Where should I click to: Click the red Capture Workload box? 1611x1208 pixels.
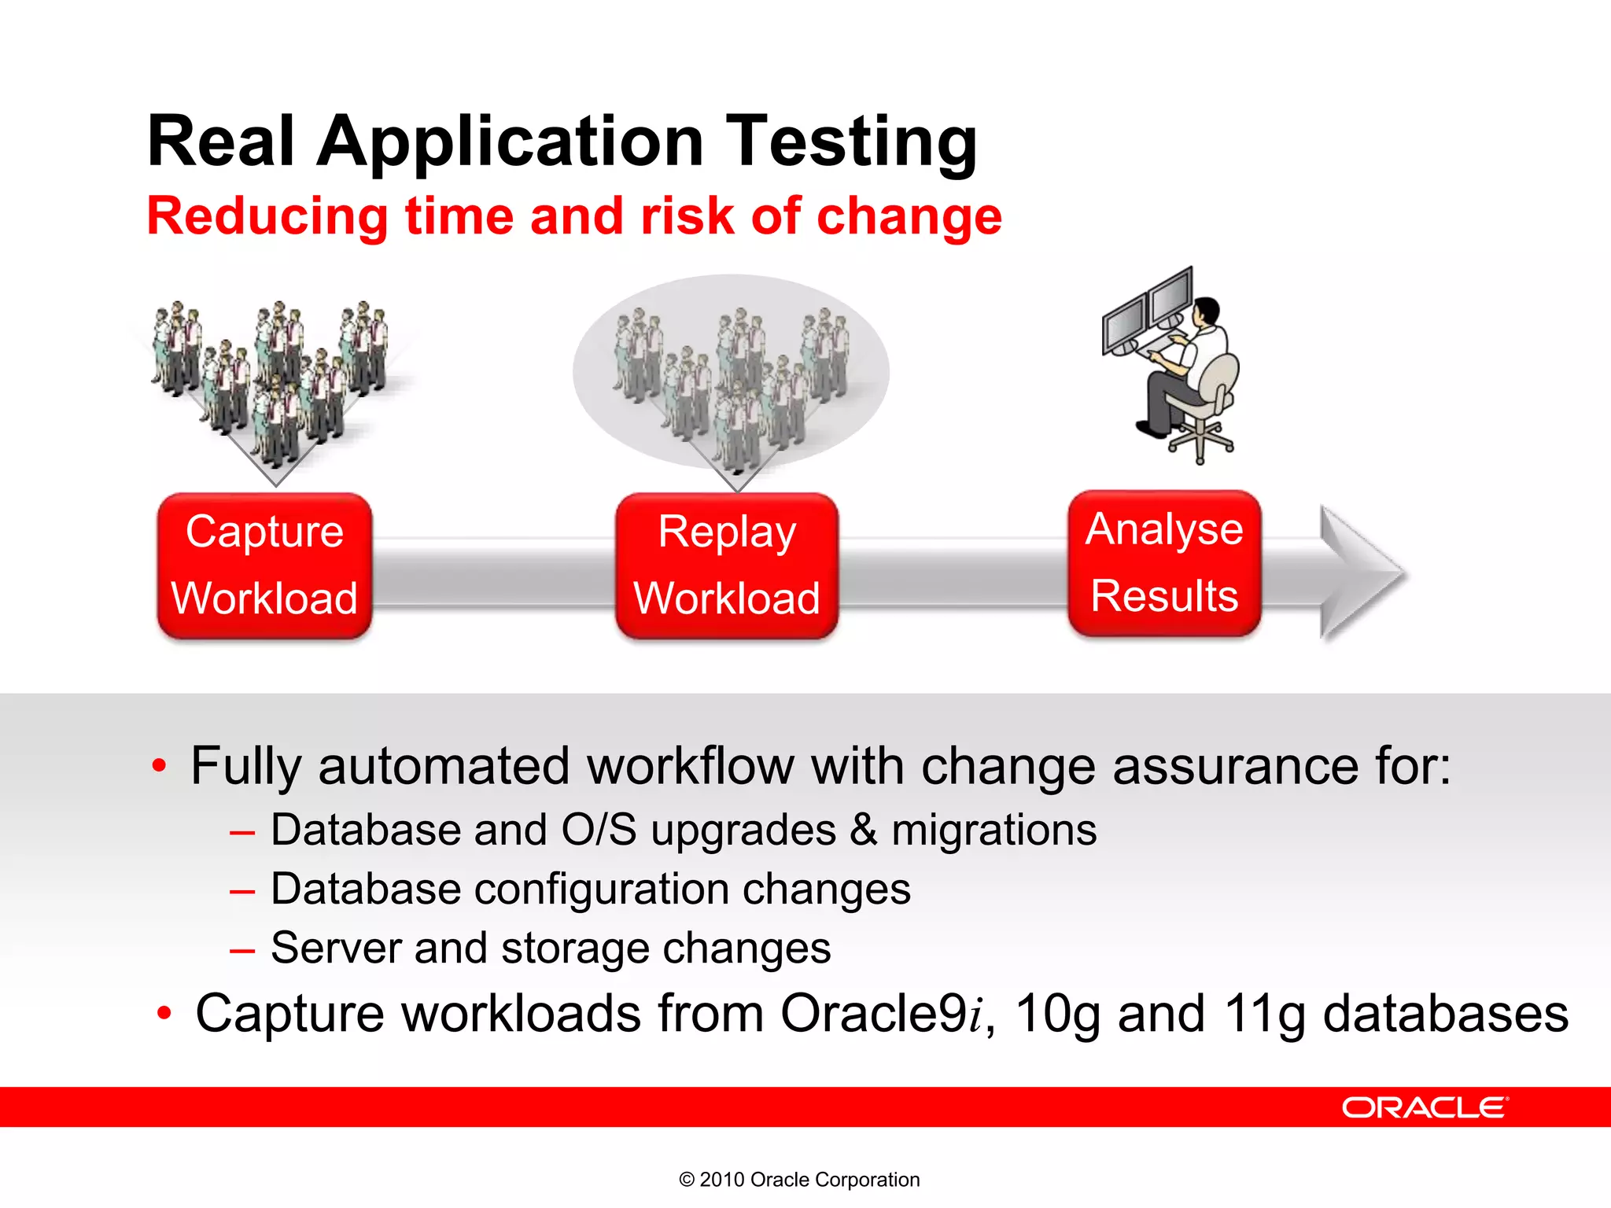pyautogui.click(x=264, y=565)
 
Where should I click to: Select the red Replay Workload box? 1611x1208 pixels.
pyautogui.click(x=727, y=565)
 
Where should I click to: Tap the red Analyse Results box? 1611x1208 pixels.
pyautogui.click(x=1164, y=562)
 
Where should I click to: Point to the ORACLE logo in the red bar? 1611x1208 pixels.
pyautogui.click(x=1425, y=1107)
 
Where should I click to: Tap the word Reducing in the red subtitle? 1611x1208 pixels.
pyautogui.click(x=267, y=216)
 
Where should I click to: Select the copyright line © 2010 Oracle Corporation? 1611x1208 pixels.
pyautogui.click(x=799, y=1180)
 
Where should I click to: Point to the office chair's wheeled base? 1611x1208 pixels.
pyautogui.click(x=1200, y=440)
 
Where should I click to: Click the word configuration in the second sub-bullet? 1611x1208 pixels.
pyautogui.click(x=602, y=889)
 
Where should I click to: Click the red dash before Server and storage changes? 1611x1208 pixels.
pyautogui.click(x=242, y=951)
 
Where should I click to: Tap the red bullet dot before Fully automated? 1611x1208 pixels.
pyautogui.click(x=160, y=765)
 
